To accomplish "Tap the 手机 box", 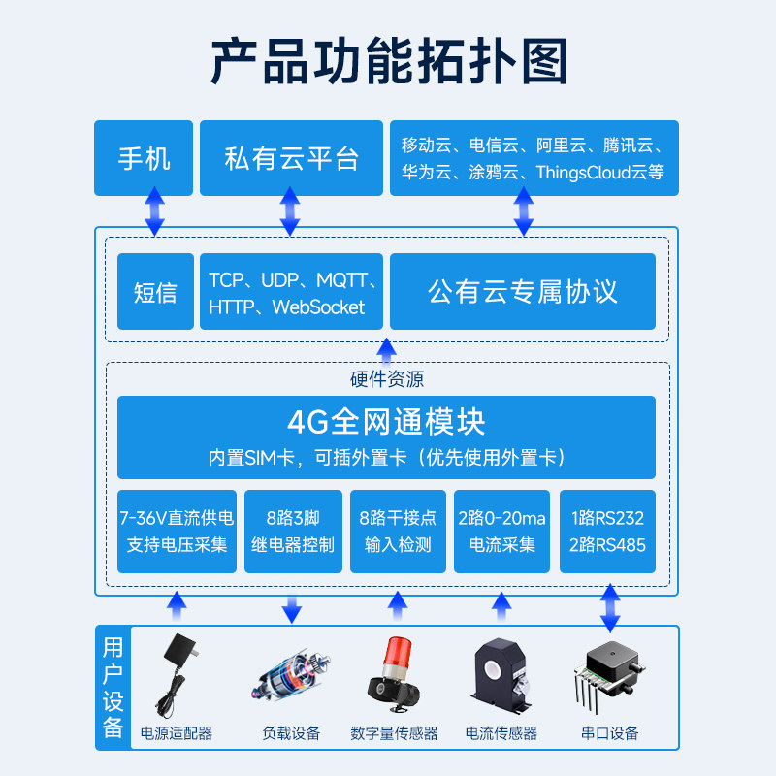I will click(144, 158).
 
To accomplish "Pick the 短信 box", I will click(155, 291).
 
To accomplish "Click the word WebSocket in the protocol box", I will click(318, 307).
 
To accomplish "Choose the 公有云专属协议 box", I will click(523, 291).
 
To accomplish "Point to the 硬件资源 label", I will click(387, 379).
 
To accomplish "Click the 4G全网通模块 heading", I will click(386, 422).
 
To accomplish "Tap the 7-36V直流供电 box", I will click(177, 532).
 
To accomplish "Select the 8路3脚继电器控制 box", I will click(292, 532).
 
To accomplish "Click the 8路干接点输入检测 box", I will click(398, 532).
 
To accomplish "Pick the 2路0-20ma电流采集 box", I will click(502, 532).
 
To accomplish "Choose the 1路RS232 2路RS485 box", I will click(609, 532).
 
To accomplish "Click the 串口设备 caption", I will click(610, 733).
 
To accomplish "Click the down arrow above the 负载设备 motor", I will click(292, 609).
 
